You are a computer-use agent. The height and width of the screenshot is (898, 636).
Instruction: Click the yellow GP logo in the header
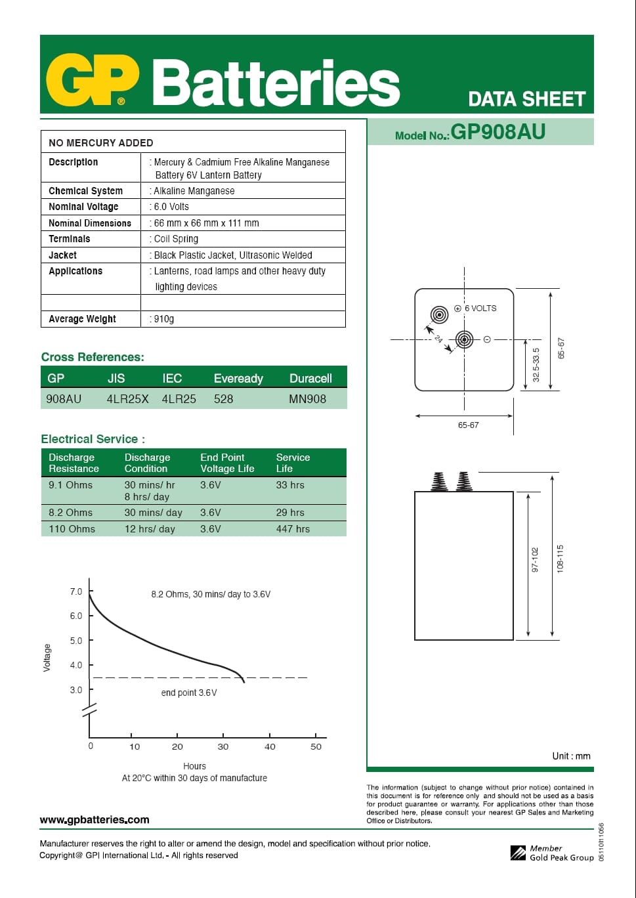point(92,80)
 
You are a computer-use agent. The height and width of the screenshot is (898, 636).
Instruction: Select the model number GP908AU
point(498,132)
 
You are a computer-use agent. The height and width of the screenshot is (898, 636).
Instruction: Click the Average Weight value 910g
point(163,319)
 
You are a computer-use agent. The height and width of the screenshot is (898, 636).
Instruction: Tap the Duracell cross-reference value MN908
point(307,398)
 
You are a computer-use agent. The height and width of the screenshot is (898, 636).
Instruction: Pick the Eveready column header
point(238,379)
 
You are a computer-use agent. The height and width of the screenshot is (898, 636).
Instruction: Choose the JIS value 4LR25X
point(127,398)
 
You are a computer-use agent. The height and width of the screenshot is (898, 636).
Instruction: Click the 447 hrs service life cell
point(293,529)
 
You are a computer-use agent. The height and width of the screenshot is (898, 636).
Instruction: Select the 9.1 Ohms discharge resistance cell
point(70,485)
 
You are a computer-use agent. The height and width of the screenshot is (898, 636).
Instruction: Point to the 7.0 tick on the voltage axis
point(76,591)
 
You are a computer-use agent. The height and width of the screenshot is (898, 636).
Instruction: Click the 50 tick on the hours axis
point(316,746)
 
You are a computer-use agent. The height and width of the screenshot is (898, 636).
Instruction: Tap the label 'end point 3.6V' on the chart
point(189,693)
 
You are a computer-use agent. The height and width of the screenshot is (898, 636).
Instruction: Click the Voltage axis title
point(47,657)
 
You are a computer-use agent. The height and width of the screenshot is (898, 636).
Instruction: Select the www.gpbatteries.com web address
point(95,819)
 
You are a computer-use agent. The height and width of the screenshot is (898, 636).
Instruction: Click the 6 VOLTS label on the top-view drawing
point(480,309)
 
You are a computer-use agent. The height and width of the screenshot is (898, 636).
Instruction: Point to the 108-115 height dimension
point(560,558)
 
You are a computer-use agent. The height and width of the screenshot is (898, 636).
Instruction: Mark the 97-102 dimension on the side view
point(535,559)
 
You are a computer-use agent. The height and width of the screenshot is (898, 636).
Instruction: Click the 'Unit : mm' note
point(571,756)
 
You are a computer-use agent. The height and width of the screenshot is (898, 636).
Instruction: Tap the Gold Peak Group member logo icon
point(518,853)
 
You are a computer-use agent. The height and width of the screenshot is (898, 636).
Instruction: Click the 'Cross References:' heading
point(93,357)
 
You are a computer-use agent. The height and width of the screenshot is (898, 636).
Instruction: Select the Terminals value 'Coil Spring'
point(176,239)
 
